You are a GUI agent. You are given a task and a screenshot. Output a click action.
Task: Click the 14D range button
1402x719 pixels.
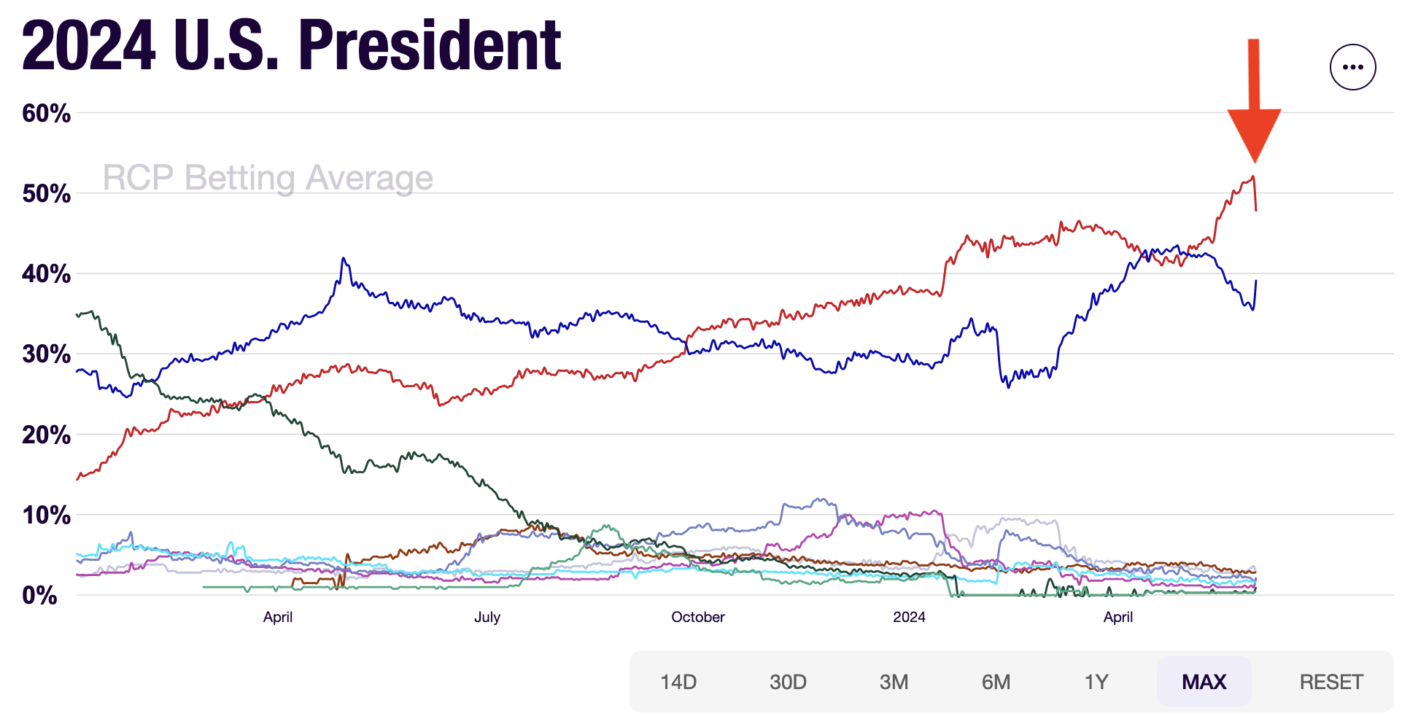tap(678, 682)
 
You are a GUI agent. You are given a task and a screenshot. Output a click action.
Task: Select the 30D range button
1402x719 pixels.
tap(788, 682)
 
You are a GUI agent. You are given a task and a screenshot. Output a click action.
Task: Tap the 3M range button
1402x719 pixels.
tap(894, 682)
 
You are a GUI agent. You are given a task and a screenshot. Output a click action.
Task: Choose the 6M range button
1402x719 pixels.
tap(996, 682)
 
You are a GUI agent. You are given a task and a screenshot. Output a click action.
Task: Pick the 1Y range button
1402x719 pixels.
tap(1096, 682)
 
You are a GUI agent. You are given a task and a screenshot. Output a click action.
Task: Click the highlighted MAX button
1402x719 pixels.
tap(1204, 682)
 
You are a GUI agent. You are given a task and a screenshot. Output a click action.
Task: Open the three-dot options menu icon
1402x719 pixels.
tap(1352, 67)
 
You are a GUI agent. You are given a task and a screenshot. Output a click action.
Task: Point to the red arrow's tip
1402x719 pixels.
tap(1255, 161)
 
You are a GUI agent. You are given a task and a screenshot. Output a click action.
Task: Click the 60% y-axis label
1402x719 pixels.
tap(47, 114)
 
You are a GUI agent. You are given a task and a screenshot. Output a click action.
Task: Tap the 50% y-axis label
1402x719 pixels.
tap(47, 194)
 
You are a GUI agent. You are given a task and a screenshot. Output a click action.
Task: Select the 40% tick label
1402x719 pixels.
tap(47, 274)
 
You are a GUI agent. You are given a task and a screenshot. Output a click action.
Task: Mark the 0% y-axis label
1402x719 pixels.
tap(40, 596)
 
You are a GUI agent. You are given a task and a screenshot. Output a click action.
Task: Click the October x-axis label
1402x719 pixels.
tap(698, 617)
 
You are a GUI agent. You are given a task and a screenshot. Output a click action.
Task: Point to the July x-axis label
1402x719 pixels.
tap(487, 617)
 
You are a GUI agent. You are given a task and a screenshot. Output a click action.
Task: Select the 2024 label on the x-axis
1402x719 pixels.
tap(909, 617)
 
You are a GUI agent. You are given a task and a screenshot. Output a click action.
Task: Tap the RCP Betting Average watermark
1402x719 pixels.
tap(268, 178)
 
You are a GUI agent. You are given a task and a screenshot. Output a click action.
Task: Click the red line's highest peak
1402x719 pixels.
tap(1252, 176)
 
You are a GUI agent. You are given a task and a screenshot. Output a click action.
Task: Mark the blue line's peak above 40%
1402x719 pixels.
tap(343, 258)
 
